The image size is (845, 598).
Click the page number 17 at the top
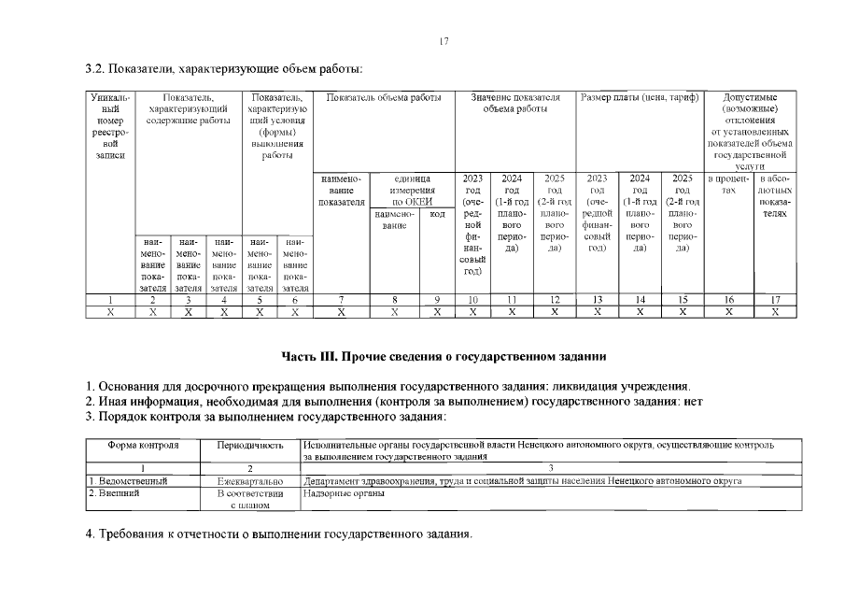pyautogui.click(x=444, y=41)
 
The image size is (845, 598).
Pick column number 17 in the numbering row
pyautogui.click(x=774, y=299)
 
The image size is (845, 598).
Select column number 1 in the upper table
pyautogui.click(x=110, y=299)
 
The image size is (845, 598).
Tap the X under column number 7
pyautogui.click(x=342, y=312)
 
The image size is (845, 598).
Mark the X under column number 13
pyautogui.click(x=598, y=312)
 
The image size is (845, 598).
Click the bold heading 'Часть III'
pyautogui.click(x=444, y=356)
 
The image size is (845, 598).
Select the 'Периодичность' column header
pyautogui.click(x=249, y=445)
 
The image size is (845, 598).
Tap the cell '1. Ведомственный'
pyautogui.click(x=128, y=481)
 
